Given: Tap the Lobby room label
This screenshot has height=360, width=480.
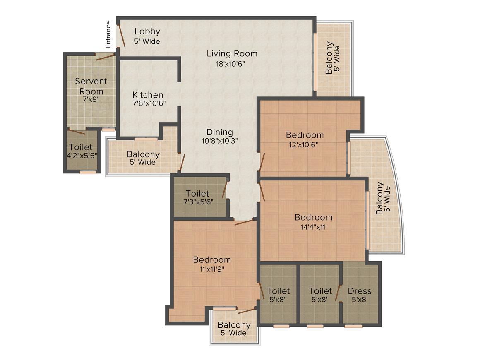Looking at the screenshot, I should pos(147,31).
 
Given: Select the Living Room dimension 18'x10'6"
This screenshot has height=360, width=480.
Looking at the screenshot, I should pos(232,64).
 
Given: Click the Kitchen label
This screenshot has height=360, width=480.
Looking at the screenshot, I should pos(148,95).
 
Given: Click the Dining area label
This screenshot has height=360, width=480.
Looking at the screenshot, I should pos(220,132).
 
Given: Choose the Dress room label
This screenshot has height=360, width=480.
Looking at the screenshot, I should pos(359,291).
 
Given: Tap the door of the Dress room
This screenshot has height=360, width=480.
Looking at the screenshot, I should pos(338,293).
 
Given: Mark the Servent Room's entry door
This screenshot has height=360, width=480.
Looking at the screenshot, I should pos(105,56).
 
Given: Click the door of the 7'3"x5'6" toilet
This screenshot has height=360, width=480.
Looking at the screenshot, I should pos(225,190).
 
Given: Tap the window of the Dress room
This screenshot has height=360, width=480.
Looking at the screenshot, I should pos(353,326).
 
